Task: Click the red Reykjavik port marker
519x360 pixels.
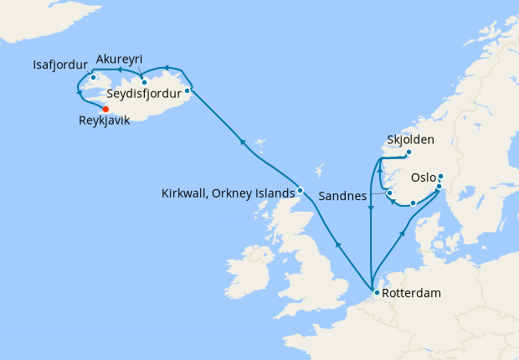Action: [x=105, y=109]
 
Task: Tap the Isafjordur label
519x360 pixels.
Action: [x=60, y=64]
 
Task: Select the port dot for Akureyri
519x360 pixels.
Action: [x=144, y=82]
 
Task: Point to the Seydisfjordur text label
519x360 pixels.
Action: [x=144, y=94]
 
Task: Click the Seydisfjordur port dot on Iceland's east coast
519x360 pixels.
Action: [x=188, y=90]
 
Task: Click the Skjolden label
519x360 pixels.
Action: [x=410, y=139]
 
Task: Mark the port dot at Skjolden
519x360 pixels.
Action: [x=409, y=152]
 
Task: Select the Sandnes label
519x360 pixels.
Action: [x=344, y=195]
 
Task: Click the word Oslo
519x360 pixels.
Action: [x=424, y=177]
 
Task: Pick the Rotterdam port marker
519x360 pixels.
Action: [x=377, y=292]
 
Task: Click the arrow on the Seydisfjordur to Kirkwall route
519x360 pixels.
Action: [x=243, y=142]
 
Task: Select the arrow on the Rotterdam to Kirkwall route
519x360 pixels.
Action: [x=337, y=244]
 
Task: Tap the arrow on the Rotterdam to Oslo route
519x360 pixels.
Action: [x=403, y=234]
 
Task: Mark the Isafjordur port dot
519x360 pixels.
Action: [x=93, y=78]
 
